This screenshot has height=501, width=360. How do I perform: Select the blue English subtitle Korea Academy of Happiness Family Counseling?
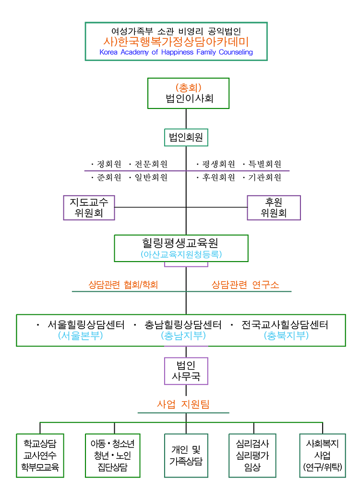pyautogui.click(x=176, y=52)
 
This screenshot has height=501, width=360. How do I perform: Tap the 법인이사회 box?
pyautogui.click(x=188, y=94)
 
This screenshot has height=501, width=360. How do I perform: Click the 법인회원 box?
pyautogui.click(x=186, y=138)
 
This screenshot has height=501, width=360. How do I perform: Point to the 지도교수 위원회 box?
pyautogui.click(x=89, y=208)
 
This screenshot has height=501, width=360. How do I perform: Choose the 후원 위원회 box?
pyautogui.click(x=274, y=208)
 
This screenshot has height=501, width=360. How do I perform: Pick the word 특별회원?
pyautogui.click(x=264, y=164)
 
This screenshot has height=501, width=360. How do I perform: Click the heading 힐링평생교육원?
pyautogui.click(x=181, y=243)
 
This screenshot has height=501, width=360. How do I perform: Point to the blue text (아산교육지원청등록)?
pyautogui.click(x=181, y=254)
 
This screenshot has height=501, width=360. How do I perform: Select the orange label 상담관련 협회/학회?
pyautogui.click(x=123, y=285)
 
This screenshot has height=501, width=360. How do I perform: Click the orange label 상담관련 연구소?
pyautogui.click(x=245, y=285)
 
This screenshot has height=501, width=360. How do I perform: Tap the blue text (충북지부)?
pyautogui.click(x=286, y=336)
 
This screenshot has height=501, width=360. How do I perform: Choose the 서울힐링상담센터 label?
pyautogui.click(x=86, y=325)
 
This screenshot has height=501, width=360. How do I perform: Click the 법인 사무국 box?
pyautogui.click(x=186, y=371)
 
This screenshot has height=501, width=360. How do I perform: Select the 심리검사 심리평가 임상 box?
pyautogui.click(x=252, y=455)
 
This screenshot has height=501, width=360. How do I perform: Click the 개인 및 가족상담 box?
pyautogui.click(x=186, y=455)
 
